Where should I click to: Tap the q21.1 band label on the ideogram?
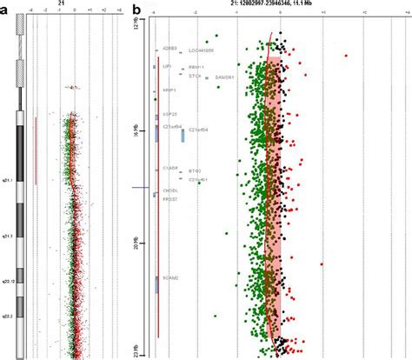pos(7,178)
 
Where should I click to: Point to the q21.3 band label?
pos(7,236)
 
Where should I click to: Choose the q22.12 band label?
pos(8,282)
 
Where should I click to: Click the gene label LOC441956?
pos(201,50)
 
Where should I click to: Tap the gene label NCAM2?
pos(169,277)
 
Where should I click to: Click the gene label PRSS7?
pos(169,197)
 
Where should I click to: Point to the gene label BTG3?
pos(195,170)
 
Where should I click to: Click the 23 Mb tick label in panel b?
pos(136,350)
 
